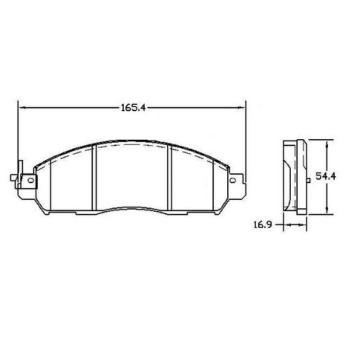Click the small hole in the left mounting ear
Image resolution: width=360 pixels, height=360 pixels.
coord(29,180)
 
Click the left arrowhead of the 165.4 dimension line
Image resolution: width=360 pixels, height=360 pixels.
coord(21,108)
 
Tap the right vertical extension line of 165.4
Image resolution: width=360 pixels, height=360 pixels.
coord(246,133)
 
